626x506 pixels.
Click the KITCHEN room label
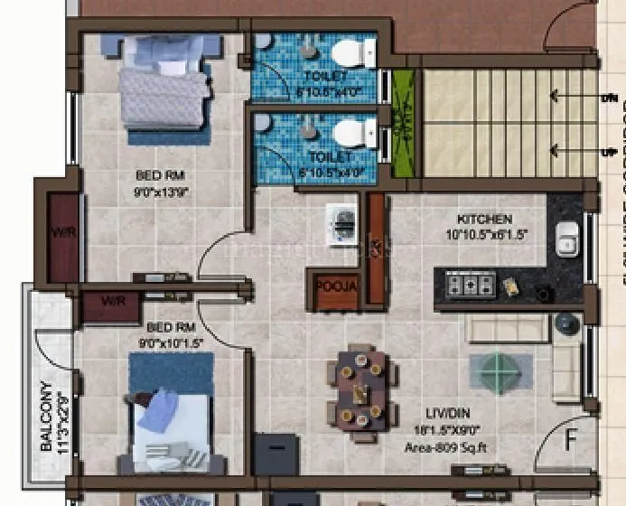point(484,220)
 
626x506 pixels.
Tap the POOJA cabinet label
point(337,287)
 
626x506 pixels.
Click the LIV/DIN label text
point(421,409)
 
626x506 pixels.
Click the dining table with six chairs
point(361,389)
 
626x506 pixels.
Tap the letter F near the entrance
point(571,442)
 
